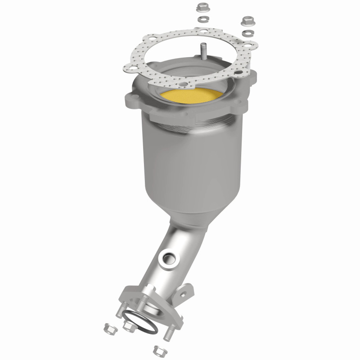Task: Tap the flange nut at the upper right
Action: point(247,21)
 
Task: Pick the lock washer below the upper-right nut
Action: point(246,33)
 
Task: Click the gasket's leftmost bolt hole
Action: point(130,67)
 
